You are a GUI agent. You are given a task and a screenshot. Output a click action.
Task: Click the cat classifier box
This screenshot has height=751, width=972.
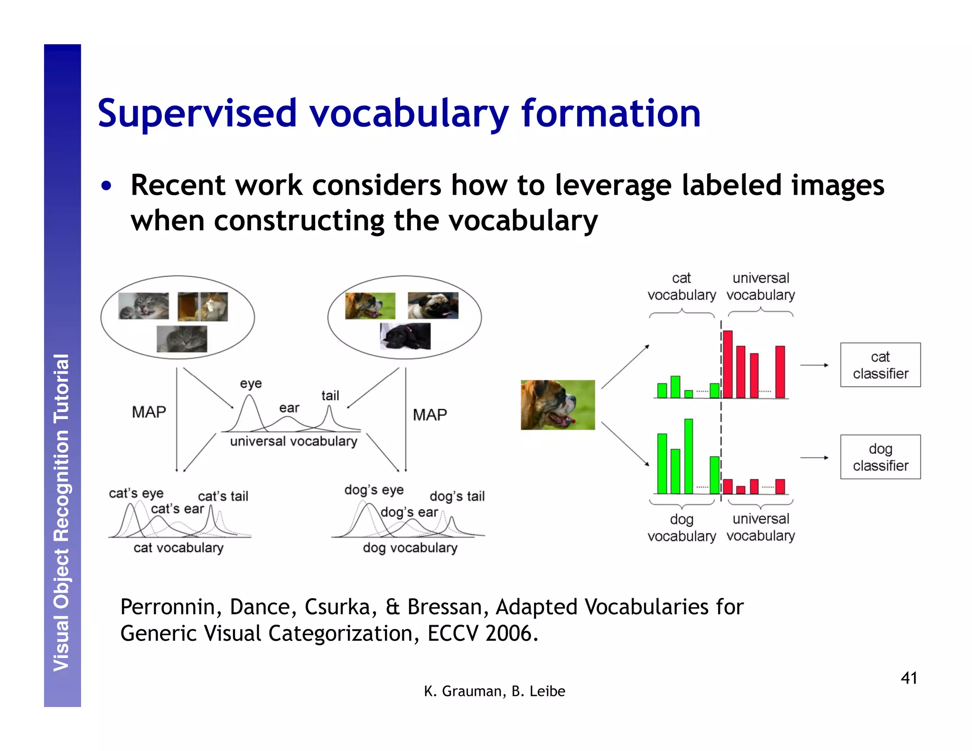pos(880,365)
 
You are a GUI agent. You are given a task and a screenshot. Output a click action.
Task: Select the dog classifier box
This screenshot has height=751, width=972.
pos(880,457)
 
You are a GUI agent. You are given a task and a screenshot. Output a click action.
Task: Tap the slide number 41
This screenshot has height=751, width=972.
pos(908,678)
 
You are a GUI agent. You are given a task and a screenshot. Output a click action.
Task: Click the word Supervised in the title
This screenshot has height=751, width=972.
pos(197,114)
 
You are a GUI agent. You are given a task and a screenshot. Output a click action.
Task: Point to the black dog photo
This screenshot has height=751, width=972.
pos(405,336)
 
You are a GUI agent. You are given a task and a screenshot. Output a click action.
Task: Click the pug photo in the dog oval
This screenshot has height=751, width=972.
pos(433,305)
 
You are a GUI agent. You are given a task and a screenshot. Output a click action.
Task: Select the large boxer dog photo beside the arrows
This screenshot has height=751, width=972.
pos(557,404)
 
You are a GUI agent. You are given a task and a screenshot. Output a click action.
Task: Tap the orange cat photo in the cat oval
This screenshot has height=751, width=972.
pos(203,306)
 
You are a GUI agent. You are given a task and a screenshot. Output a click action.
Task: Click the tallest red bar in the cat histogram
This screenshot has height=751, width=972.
pos(728,364)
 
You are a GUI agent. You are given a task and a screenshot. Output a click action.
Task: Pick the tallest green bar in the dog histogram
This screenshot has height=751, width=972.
pos(688,456)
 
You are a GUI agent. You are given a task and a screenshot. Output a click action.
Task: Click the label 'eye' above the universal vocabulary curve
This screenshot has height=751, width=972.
pos(251,383)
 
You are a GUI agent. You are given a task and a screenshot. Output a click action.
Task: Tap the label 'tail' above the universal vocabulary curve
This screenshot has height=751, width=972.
pos(330,395)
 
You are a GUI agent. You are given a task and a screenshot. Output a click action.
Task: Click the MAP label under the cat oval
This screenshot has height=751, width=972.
pos(149,412)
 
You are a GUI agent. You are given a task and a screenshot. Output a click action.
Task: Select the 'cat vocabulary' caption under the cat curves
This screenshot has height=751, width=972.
pos(178,548)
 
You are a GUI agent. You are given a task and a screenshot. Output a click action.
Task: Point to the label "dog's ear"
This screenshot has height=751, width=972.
pos(409,512)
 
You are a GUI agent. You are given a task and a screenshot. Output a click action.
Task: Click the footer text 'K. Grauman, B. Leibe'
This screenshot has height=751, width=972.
pos(494,691)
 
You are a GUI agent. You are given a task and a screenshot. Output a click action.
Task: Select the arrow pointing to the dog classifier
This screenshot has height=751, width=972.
pos(814,458)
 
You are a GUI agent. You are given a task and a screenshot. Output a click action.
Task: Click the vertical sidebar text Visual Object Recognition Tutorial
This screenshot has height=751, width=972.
pos(62,513)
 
